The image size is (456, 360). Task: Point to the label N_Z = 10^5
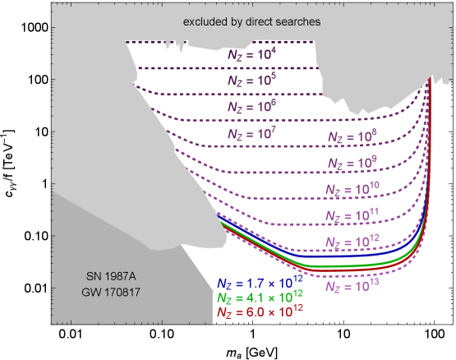click(252, 81)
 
